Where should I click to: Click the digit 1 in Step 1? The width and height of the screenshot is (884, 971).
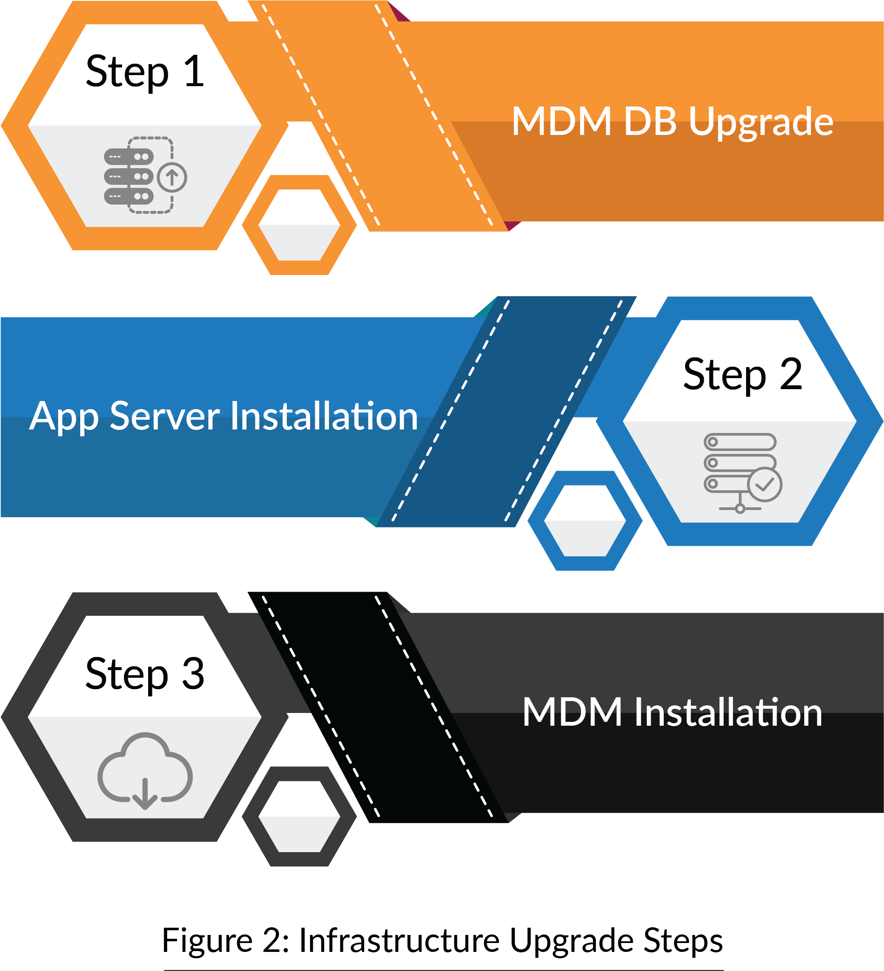(x=194, y=72)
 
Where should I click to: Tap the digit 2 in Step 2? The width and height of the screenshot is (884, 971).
(x=791, y=374)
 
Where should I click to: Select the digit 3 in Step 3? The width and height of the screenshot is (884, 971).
(x=193, y=674)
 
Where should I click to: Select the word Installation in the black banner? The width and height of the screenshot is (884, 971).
(x=728, y=713)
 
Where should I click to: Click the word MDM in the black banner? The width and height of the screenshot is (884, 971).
(x=573, y=713)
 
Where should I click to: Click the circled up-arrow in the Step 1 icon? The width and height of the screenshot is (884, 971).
(x=172, y=178)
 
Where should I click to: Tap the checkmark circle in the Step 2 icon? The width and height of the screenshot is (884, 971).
(x=764, y=485)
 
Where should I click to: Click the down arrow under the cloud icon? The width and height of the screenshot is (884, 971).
(x=145, y=795)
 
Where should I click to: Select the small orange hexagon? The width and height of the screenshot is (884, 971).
(x=299, y=225)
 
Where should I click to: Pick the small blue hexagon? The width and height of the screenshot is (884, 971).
(x=585, y=521)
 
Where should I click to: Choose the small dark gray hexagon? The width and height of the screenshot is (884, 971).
(x=299, y=817)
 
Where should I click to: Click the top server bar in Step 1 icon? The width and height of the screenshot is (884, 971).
(x=129, y=157)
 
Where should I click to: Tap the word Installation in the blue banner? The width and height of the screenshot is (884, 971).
(x=324, y=417)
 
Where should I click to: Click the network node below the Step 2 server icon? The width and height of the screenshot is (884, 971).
(x=740, y=508)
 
